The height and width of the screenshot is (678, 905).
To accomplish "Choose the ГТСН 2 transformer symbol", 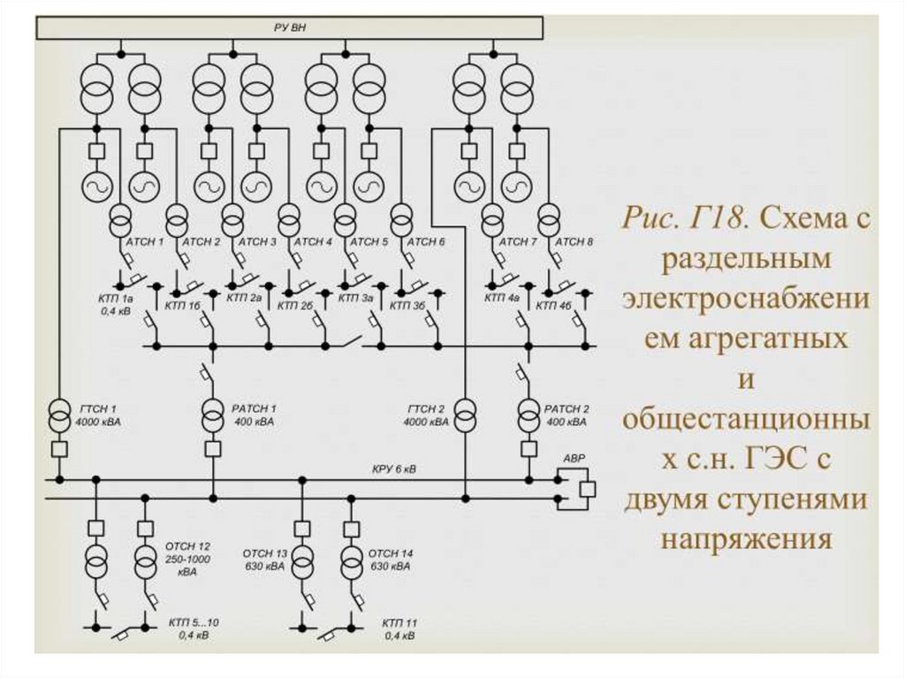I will [x=465, y=416].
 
